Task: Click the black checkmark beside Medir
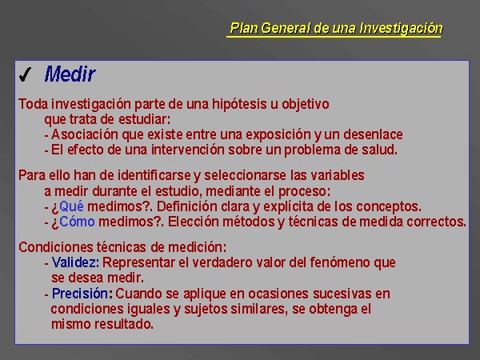coord(25,75)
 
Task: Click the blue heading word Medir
coord(70,74)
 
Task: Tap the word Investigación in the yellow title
coord(401,28)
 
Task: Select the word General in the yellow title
coord(286,28)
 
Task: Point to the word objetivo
coord(306,104)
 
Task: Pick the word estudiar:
coord(144,119)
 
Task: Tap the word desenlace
coord(373,134)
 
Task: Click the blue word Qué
coord(71,206)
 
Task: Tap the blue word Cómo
coord(77,222)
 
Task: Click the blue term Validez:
coord(75,262)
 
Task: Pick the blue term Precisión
coord(80,294)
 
